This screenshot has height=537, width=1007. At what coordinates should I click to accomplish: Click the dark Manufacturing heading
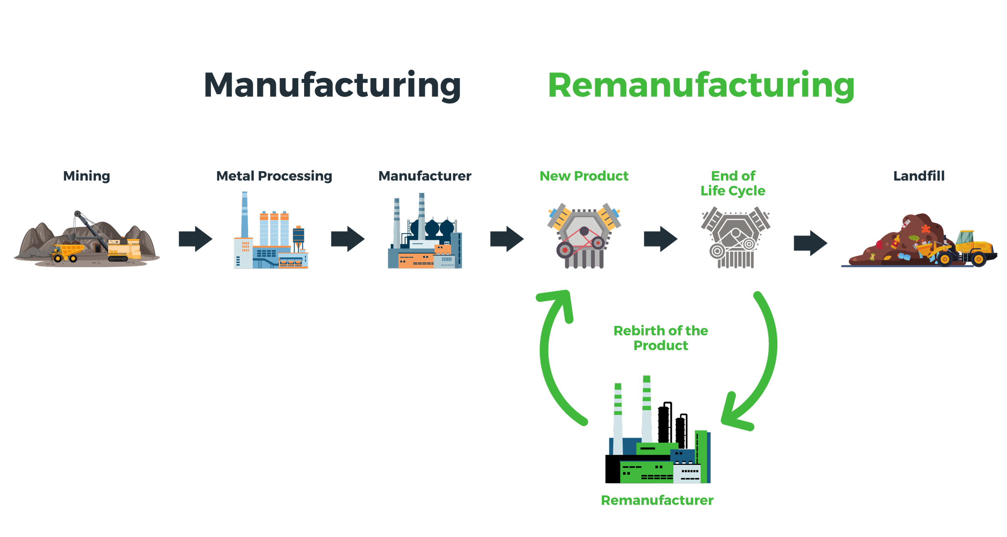point(332,85)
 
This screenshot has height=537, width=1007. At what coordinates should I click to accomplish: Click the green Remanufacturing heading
point(701,85)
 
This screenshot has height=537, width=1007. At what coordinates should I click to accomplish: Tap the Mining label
point(87,176)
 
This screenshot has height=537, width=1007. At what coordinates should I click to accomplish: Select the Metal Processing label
point(274,176)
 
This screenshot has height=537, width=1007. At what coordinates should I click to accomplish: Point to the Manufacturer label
point(425,176)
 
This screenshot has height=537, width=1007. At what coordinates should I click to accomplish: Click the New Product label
point(584,176)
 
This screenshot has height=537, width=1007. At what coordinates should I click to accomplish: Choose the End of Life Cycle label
point(733,183)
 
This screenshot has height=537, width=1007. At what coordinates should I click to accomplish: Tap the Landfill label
point(919,176)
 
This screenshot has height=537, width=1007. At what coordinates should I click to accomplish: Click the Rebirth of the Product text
point(661,338)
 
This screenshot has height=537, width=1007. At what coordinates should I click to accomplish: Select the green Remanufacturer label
point(657,500)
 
